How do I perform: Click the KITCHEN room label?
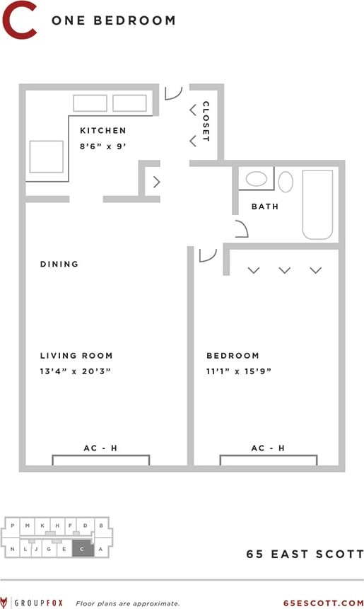coord(102,131)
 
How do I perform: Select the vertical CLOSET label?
coord(206,122)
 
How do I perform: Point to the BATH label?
coord(265,207)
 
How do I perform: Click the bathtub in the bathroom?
coord(317,204)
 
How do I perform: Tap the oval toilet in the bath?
coord(286,182)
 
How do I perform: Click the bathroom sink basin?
coord(256,179)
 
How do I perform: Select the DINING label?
coord(59,265)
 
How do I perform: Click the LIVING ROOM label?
coord(76,356)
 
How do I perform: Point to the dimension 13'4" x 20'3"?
coord(76,371)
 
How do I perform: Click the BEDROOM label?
coord(233,356)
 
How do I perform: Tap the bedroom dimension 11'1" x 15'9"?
coord(239,371)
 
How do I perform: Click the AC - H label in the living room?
coord(100,448)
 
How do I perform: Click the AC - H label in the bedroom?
coord(268,448)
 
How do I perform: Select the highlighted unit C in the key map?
coord(83,548)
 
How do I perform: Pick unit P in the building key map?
coord(12,526)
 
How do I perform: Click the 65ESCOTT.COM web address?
coord(322,603)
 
